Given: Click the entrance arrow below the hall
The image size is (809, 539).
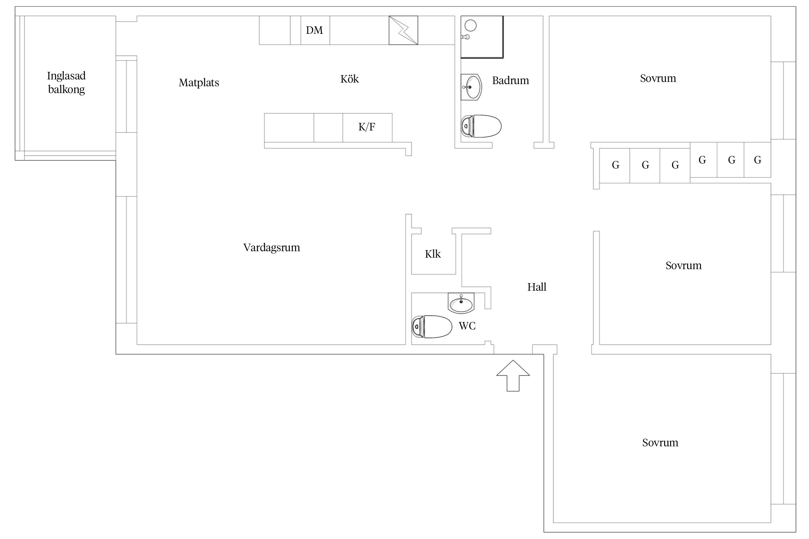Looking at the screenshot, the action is (x=513, y=376).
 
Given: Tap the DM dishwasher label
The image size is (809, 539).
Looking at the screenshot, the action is (x=315, y=30).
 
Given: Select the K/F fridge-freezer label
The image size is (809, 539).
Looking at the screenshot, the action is (x=367, y=127).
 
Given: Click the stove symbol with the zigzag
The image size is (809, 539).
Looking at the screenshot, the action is (x=403, y=30).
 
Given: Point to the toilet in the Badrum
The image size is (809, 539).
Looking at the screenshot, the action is (x=481, y=126).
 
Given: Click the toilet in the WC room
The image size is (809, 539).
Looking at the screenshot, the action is (x=431, y=327).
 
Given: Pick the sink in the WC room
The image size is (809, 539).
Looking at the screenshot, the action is (x=461, y=303).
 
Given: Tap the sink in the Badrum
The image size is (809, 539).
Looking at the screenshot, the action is (x=471, y=87).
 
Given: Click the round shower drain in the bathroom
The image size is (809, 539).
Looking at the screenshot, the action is (x=471, y=26).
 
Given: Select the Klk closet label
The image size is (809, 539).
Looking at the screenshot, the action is (x=433, y=254).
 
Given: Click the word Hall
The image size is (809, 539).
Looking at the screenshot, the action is (x=537, y=287).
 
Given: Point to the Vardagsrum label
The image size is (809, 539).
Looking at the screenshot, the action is (x=272, y=248).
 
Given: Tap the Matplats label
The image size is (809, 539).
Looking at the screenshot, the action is (x=199, y=83).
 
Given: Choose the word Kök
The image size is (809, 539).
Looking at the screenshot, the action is (x=349, y=79).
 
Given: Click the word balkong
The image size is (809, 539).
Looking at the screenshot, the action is (x=67, y=89).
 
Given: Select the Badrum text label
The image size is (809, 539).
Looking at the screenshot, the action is (x=511, y=80).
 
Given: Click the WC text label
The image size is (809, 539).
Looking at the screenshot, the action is (x=467, y=326).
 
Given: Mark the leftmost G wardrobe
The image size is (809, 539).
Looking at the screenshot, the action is (x=615, y=165).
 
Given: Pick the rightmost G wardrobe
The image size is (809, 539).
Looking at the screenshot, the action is (x=757, y=160).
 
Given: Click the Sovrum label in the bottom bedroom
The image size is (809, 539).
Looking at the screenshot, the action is (x=660, y=443).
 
